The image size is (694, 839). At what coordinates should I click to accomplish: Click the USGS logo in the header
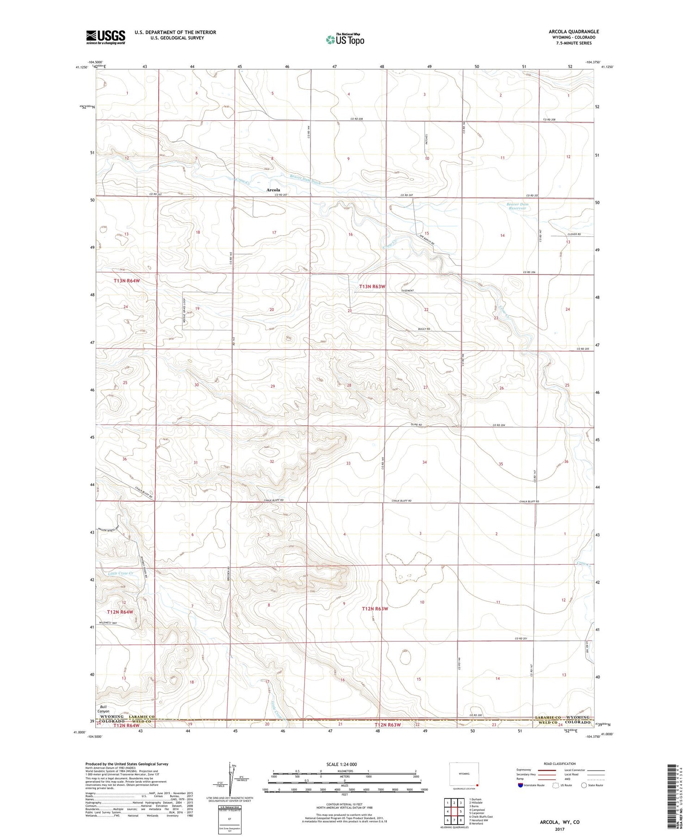(105, 37)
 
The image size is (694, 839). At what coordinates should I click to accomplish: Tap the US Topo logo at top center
(345, 40)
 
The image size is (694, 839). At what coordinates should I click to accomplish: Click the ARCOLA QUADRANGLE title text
(573, 31)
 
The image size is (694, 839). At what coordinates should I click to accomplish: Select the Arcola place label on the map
(273, 190)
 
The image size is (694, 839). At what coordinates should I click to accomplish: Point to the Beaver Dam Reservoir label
(517, 206)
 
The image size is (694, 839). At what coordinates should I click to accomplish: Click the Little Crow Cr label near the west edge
(120, 573)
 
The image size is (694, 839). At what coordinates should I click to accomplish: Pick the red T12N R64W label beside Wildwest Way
(120, 612)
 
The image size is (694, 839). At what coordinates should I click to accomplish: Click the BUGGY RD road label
(424, 329)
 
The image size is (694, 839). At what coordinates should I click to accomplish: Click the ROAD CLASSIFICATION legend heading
(560, 764)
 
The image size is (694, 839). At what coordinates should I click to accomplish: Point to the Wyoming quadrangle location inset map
(464, 774)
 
